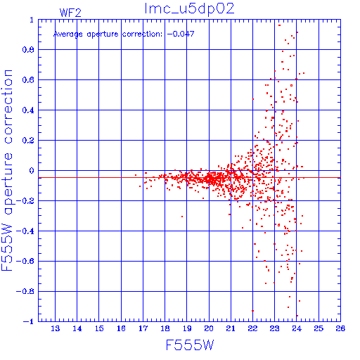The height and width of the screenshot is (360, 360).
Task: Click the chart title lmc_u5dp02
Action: pos(189,9)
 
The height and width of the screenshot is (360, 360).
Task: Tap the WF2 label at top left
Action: pos(70,13)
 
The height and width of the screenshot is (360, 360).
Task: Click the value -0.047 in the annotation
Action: pos(181,34)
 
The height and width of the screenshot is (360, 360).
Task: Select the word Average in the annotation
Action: pos(68,34)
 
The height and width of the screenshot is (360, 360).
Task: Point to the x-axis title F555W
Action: pos(190,345)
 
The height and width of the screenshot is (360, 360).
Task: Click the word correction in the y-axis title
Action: pos(8,107)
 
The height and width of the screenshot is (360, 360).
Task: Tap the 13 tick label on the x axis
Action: pos(56,328)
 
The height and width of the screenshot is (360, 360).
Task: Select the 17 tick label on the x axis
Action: pos(143,328)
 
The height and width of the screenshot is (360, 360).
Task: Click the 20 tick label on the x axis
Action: pos(209,328)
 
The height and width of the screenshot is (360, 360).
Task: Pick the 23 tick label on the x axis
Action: pos(275,328)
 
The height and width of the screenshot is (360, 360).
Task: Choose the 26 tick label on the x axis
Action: pos(340,328)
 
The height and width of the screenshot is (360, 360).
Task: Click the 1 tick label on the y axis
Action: pos(32,20)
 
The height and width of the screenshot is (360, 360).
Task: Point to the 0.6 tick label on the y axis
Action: pos(28,80)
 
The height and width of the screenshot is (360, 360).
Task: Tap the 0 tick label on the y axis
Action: pos(32,171)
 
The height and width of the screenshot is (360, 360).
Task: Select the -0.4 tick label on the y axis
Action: pos(25,231)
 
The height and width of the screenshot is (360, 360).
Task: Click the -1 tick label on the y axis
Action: pos(28,321)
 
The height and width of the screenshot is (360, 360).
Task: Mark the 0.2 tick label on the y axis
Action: pos(28,141)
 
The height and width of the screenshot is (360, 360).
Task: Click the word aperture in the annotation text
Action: pos(103,34)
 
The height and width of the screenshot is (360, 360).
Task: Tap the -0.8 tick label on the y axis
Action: pos(25,292)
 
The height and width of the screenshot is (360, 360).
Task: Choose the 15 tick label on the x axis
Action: pos(99,328)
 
